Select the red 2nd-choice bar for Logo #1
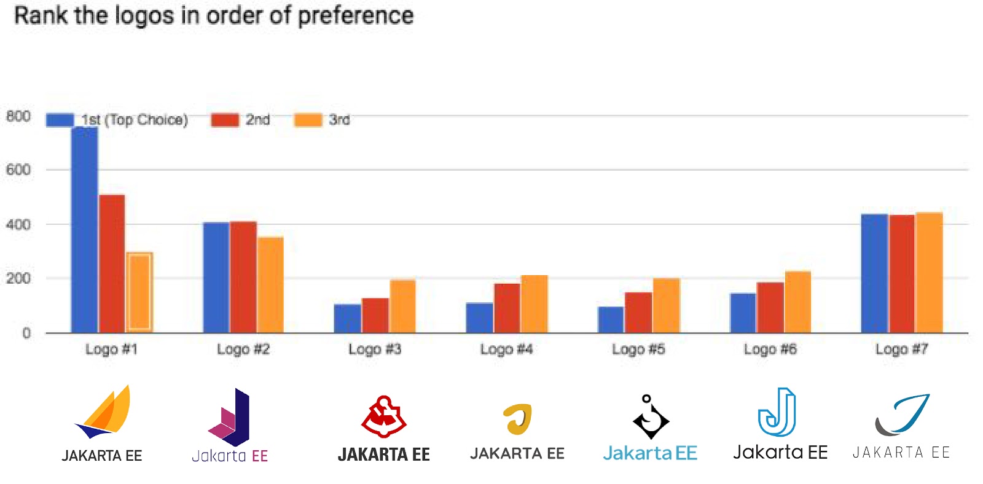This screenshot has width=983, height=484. click(112, 264)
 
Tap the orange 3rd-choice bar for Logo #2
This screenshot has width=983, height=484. click(270, 285)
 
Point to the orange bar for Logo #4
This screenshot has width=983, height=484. click(535, 304)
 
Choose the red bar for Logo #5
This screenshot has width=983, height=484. click(638, 313)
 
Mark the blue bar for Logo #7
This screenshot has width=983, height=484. click(874, 273)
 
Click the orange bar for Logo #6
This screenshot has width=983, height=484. click(798, 302)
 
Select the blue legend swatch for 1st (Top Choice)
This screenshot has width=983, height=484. click(60, 120)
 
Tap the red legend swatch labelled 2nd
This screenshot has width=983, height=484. click(225, 120)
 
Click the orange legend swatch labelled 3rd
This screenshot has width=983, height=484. click(308, 120)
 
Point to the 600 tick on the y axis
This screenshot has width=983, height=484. click(18, 170)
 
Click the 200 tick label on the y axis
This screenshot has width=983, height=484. click(18, 278)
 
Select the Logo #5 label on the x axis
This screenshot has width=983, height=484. click(638, 349)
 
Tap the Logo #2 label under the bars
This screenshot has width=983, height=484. click(243, 349)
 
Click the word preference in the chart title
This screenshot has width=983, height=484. click(356, 16)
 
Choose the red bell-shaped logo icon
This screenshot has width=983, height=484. click(384, 416)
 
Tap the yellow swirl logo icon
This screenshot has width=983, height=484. click(517, 419)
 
